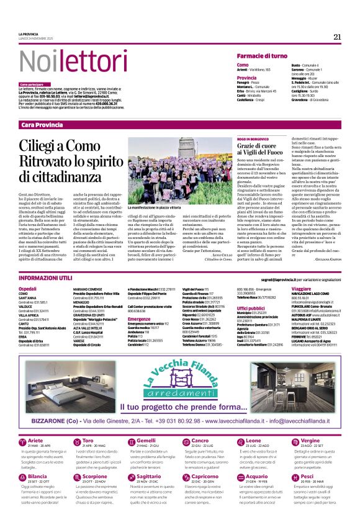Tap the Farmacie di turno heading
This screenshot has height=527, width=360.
261,56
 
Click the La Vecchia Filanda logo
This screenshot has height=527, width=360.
181,372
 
